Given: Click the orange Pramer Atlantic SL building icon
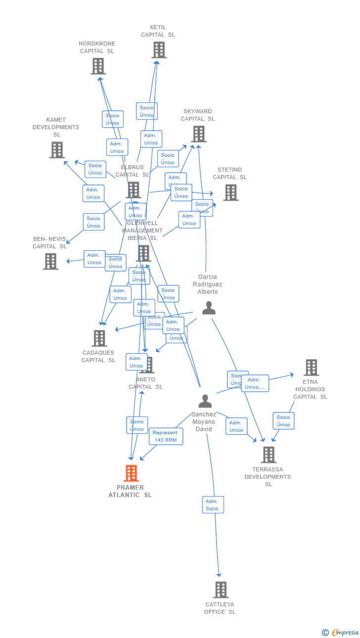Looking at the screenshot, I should [x=131, y=473].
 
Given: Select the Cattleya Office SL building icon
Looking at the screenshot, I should [x=221, y=590].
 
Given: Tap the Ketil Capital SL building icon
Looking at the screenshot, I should [x=159, y=50].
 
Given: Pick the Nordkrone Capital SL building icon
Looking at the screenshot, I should [x=98, y=66].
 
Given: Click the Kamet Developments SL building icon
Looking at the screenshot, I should [x=57, y=150].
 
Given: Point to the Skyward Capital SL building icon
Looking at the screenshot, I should [x=198, y=134].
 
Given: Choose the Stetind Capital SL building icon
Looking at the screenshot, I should [x=230, y=192].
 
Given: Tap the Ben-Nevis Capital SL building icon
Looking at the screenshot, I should [x=50, y=261].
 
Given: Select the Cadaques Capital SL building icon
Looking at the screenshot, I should [x=99, y=338].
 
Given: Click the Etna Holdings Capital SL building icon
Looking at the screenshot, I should [x=311, y=367].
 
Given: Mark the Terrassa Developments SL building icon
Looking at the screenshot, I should [x=268, y=455].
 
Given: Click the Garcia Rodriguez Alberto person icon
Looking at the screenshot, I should [x=209, y=308].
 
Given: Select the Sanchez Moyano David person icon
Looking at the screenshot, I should [x=205, y=401].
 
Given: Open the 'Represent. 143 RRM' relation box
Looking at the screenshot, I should [x=166, y=436].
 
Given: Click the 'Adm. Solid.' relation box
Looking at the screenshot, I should [x=213, y=505].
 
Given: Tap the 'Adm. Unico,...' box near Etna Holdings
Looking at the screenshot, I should [x=255, y=383].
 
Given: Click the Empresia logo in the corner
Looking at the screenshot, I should [x=341, y=632].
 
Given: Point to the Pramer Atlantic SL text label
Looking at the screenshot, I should [x=130, y=491].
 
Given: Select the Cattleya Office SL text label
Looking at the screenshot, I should [x=220, y=608].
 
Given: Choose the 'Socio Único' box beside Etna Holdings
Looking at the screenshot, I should [x=283, y=421].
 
